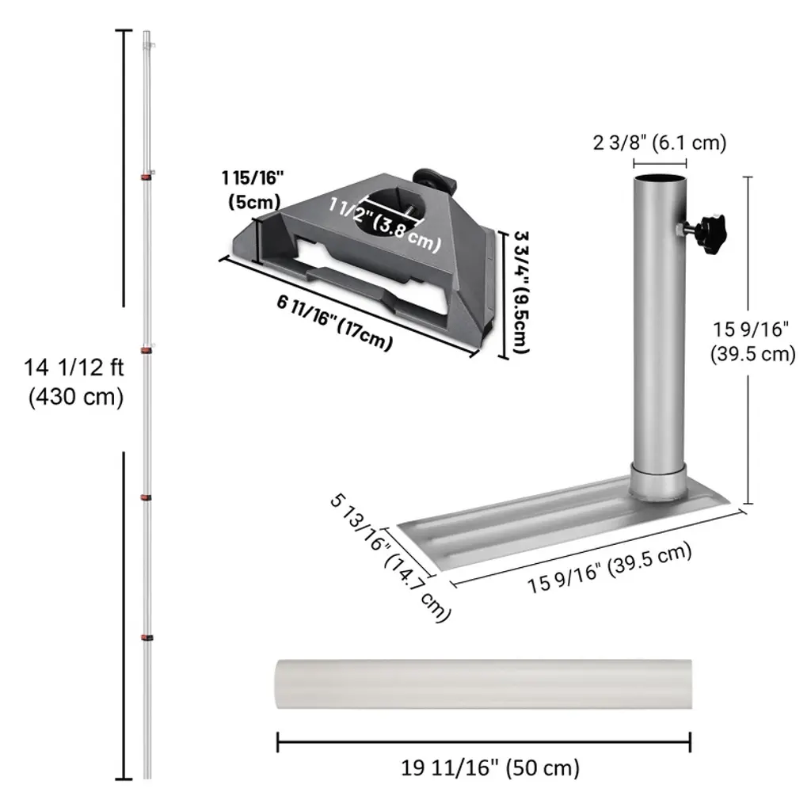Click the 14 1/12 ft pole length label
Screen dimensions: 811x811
pos(74,383)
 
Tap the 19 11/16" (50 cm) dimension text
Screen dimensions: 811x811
pos(490,768)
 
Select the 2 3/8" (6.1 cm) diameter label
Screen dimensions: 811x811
pos(660,143)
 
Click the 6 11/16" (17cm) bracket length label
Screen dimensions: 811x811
pos(335,322)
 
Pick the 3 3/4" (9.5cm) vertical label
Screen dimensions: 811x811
pos(521,292)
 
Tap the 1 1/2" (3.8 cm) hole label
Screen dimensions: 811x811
pos(385,224)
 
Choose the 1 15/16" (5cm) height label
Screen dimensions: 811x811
pos(253,189)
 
